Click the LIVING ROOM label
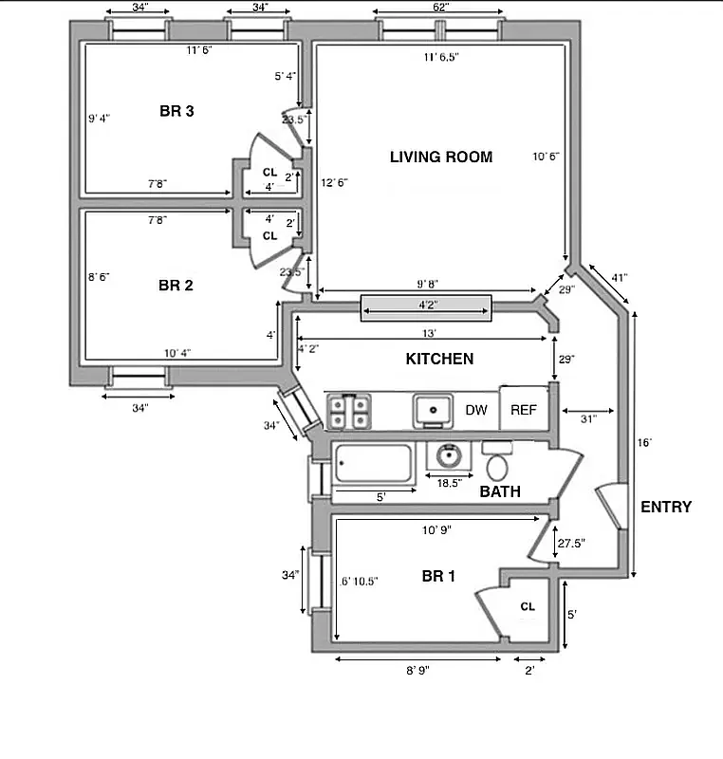click(441, 157)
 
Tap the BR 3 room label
click(176, 112)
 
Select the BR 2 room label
click(176, 285)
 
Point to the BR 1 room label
click(440, 575)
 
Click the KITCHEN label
click(439, 359)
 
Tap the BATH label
click(499, 491)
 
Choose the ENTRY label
click(666, 507)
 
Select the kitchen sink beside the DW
click(434, 411)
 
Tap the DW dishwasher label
click(476, 410)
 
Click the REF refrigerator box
click(524, 410)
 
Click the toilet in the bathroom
click(497, 462)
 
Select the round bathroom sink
click(448, 457)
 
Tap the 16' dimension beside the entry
click(645, 443)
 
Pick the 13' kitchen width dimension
click(429, 334)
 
